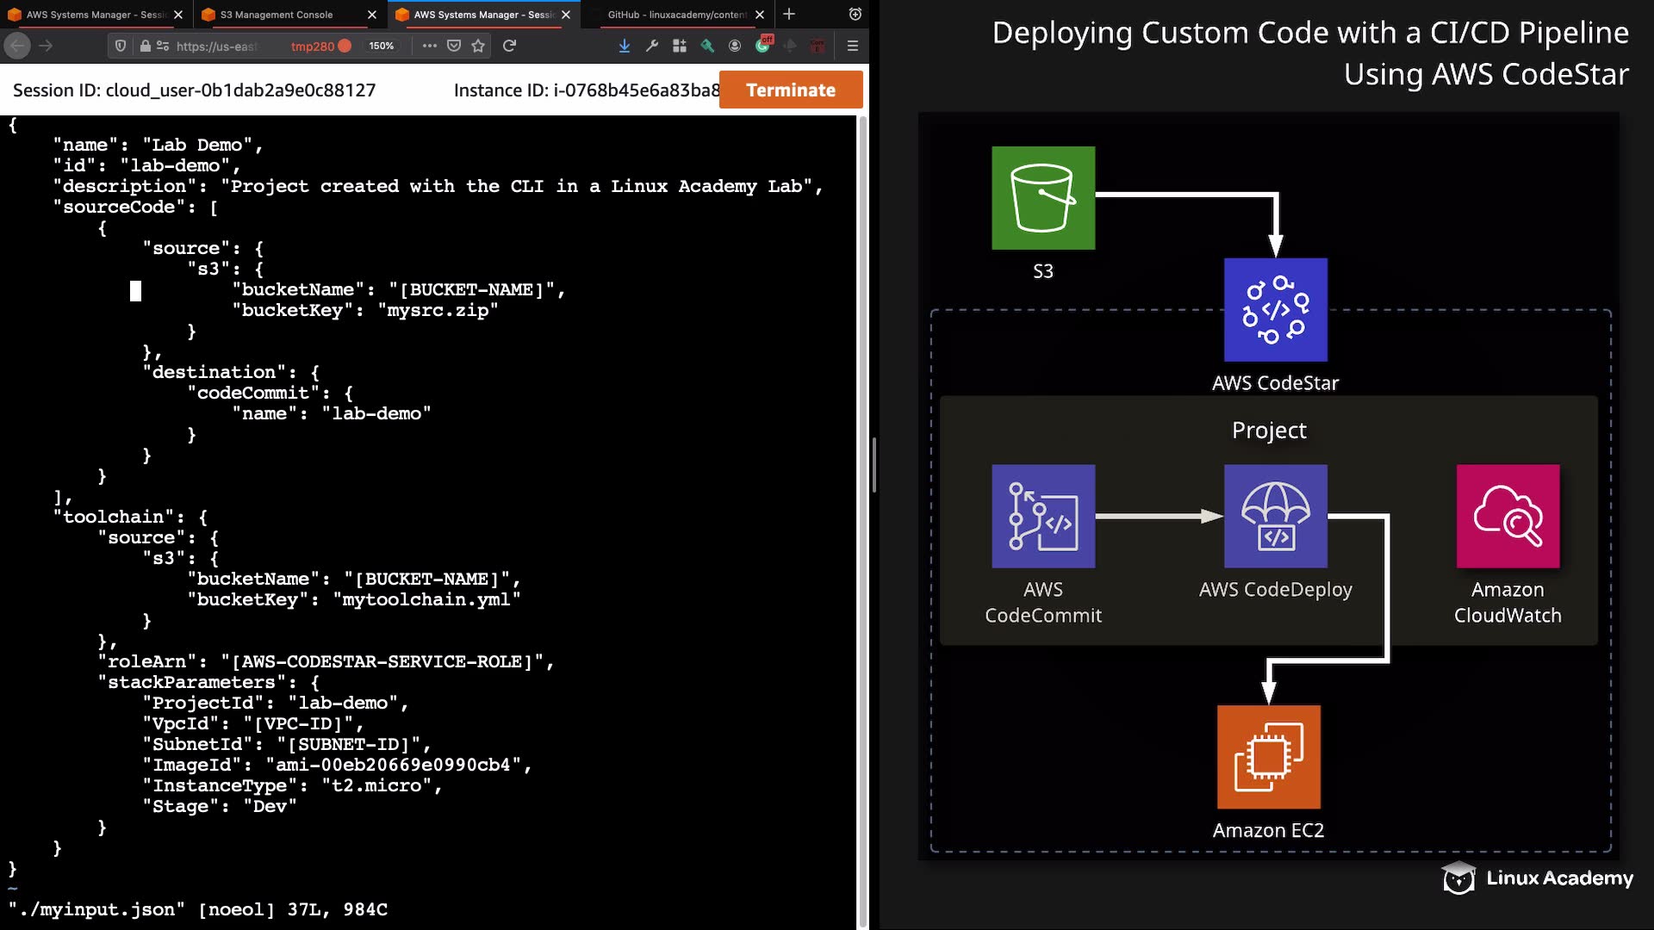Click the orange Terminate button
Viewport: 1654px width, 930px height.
pyautogui.click(x=790, y=90)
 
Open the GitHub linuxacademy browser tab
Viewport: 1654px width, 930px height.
pyautogui.click(x=676, y=15)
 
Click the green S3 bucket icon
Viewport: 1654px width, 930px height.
pyautogui.click(x=1043, y=198)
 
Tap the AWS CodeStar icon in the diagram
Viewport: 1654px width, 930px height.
pyautogui.click(x=1276, y=310)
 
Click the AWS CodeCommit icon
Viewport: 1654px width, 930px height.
pyautogui.click(x=1043, y=517)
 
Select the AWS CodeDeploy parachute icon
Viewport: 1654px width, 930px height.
pyautogui.click(x=1276, y=517)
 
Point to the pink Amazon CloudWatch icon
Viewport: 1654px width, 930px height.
pyautogui.click(x=1508, y=517)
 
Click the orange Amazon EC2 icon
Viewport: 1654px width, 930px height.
pyautogui.click(x=1269, y=757)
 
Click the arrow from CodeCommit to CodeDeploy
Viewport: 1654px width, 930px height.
pyautogui.click(x=1160, y=517)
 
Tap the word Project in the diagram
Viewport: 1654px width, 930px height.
pyautogui.click(x=1269, y=431)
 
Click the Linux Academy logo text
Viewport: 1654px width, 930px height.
pyautogui.click(x=1559, y=878)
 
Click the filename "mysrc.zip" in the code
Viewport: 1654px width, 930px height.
pyautogui.click(x=438, y=311)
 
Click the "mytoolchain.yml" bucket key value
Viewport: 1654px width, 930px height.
pyautogui.click(x=426, y=600)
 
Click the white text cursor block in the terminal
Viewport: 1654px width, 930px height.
pyautogui.click(x=135, y=291)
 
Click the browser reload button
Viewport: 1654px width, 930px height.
pyautogui.click(x=509, y=46)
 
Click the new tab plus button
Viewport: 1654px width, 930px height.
pyautogui.click(x=789, y=15)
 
